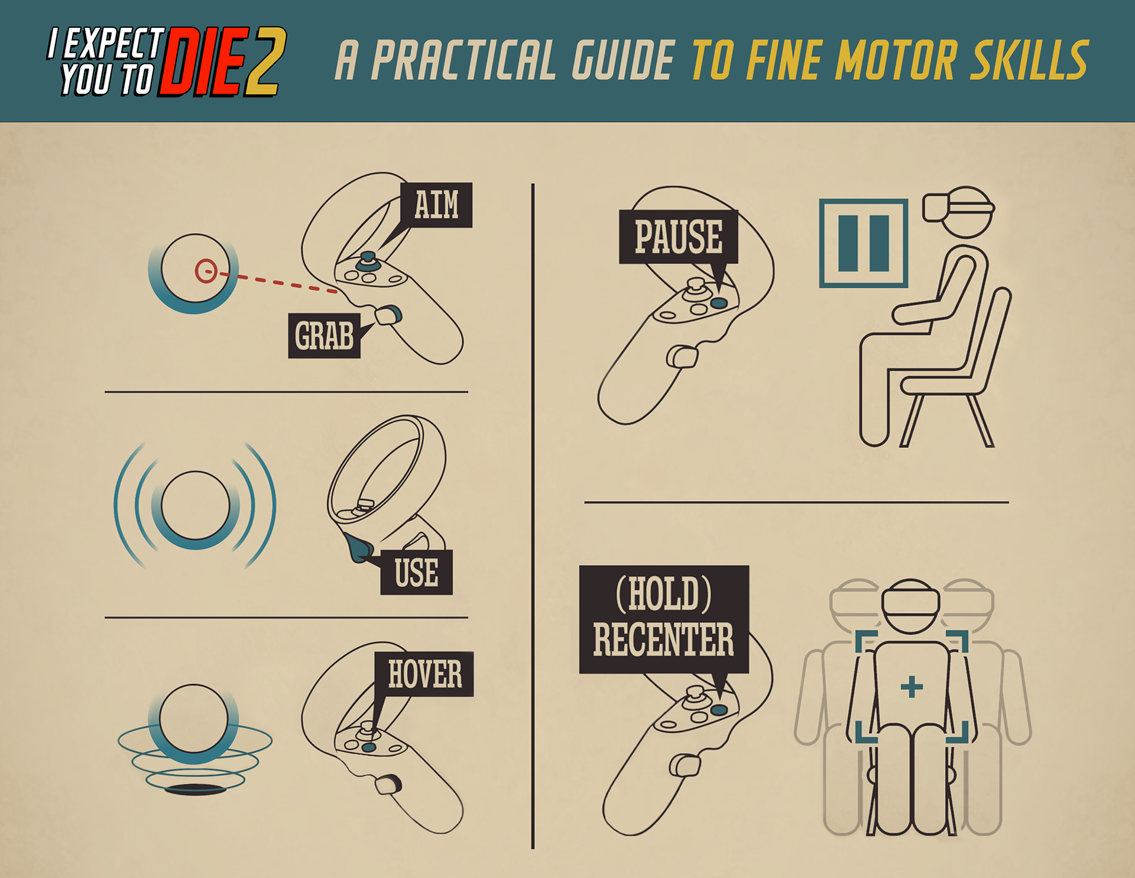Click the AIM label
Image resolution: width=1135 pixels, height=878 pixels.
pyautogui.click(x=436, y=205)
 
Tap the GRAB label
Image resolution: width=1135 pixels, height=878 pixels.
pyautogui.click(x=324, y=335)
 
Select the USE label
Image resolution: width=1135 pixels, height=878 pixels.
pyautogui.click(x=416, y=572)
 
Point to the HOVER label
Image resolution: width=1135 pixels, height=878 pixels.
pyautogui.click(x=424, y=674)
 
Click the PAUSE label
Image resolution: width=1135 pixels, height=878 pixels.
pyautogui.click(x=679, y=237)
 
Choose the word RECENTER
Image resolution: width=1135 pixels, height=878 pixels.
pyautogui.click(x=663, y=640)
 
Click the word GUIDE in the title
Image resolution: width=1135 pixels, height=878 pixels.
pyautogui.click(x=624, y=60)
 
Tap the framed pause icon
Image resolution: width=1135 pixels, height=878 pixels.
pyautogui.click(x=863, y=243)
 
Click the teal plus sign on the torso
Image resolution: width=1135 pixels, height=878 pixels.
pyautogui.click(x=912, y=687)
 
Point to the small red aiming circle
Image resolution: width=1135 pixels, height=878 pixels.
pyautogui.click(x=206, y=271)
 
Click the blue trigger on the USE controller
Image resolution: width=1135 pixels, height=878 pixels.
pyautogui.click(x=357, y=548)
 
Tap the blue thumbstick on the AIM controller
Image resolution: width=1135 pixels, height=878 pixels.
pyautogui.click(x=367, y=260)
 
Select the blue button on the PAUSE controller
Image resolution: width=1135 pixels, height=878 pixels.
pyautogui.click(x=719, y=303)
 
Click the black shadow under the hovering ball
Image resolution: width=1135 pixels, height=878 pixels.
pyautogui.click(x=195, y=789)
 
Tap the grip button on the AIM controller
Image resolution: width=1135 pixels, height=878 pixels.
pyautogui.click(x=388, y=315)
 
